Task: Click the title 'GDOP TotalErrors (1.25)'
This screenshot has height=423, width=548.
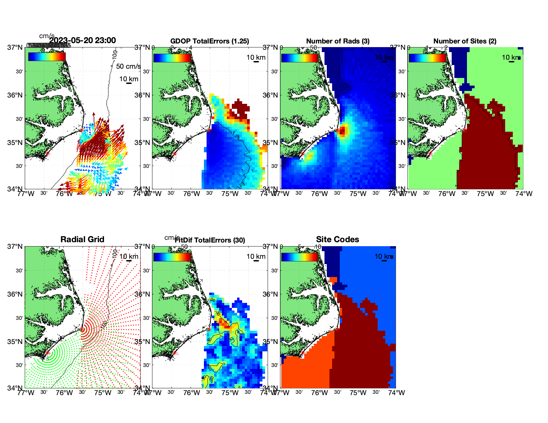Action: [x=210, y=41]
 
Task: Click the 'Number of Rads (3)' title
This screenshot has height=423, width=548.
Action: [x=338, y=41]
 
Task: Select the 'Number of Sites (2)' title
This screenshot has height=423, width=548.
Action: [x=465, y=41]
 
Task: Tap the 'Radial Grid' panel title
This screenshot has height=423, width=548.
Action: [x=82, y=240]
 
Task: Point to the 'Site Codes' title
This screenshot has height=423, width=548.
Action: [x=337, y=240]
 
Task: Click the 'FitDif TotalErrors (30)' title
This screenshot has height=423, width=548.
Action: [x=210, y=240]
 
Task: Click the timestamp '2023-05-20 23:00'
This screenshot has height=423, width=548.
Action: [x=83, y=40]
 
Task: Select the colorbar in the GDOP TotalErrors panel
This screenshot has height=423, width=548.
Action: [x=172, y=58]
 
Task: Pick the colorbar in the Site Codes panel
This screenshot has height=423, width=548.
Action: [x=300, y=257]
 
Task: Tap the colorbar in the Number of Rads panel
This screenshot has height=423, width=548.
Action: [x=300, y=58]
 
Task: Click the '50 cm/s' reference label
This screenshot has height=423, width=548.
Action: [x=128, y=66]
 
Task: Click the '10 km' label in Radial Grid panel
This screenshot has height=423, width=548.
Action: [x=129, y=256]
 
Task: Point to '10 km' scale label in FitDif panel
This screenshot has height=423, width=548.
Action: [x=256, y=256]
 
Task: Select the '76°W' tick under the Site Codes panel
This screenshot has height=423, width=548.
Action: [x=320, y=393]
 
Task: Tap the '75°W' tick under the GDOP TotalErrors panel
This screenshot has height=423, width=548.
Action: [x=230, y=194]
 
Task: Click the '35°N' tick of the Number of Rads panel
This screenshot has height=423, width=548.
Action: [x=271, y=143]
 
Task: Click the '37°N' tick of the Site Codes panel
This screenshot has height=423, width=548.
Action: [x=271, y=247]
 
